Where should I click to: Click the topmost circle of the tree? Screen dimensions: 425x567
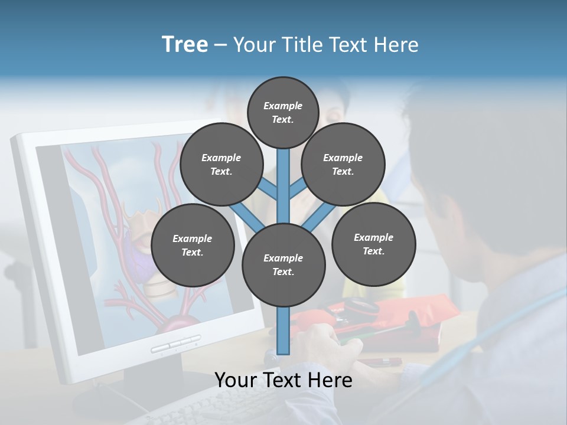pos(283,112)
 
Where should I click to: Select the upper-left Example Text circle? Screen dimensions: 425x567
pos(221,164)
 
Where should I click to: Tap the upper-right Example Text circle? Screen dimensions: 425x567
pos(343,164)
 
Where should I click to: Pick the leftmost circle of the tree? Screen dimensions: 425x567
pos(193,245)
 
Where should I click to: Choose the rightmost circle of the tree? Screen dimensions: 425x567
pos(373,244)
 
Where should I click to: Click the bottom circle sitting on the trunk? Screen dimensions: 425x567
pos(283,264)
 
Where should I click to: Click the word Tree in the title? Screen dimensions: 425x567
pos(185,44)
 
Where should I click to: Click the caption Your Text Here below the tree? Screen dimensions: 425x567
pos(283,380)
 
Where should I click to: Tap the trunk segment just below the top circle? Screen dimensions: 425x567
pos(283,171)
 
